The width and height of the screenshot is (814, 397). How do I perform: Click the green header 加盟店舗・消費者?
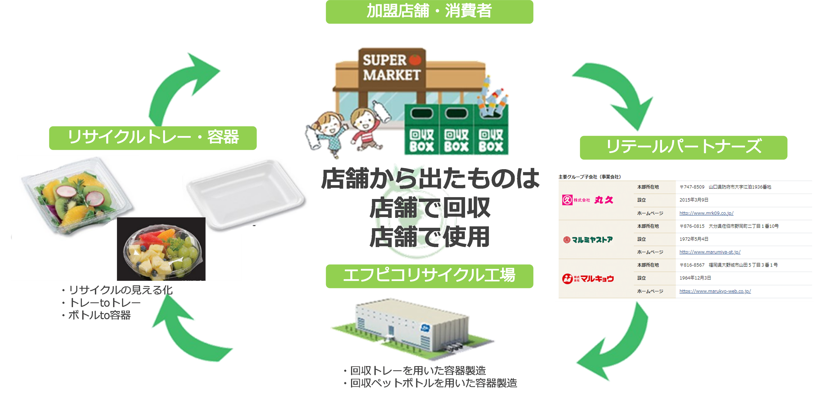click(429, 11)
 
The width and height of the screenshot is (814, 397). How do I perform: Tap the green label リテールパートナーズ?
click(683, 147)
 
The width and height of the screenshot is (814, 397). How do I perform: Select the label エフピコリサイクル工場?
click(429, 276)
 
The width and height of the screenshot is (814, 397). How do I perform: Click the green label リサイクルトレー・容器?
click(153, 137)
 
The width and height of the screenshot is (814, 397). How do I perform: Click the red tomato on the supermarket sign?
click(415, 59)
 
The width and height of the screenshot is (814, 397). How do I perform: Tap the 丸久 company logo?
click(588, 200)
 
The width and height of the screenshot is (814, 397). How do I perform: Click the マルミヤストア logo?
click(588, 240)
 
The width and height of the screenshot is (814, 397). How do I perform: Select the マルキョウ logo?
click(588, 279)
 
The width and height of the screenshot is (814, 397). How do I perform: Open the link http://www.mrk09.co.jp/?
click(706, 213)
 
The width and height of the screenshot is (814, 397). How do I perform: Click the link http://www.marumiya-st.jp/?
click(710, 252)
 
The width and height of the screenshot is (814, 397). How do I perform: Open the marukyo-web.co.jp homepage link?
click(715, 291)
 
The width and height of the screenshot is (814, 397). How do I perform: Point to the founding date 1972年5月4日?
click(694, 239)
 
